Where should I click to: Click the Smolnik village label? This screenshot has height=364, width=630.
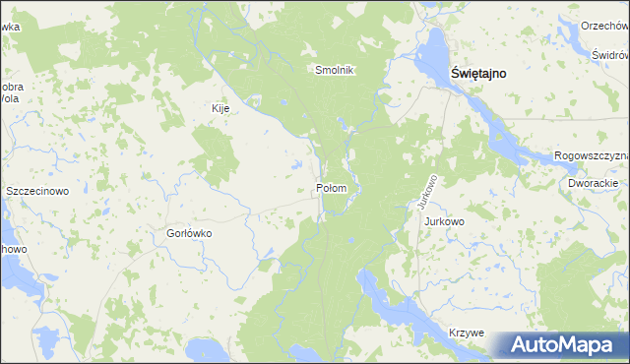click(334, 70)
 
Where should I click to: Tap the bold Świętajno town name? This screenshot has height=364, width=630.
click(485, 72)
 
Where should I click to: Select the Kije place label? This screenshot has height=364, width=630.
click(220, 108)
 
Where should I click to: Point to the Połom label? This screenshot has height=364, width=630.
click(332, 188)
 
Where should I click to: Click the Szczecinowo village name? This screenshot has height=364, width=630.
click(36, 191)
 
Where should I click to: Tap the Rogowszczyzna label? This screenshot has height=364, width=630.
click(591, 155)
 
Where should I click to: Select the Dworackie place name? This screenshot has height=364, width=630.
click(593, 184)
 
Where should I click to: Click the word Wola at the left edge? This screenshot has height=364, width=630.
click(10, 99)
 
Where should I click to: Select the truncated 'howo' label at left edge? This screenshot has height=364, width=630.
click(12, 250)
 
